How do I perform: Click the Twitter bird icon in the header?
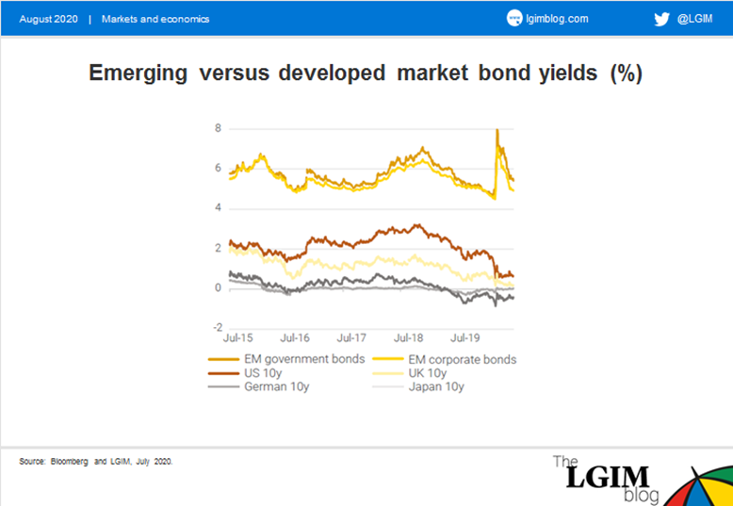(x=661, y=19)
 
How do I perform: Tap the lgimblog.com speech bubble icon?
(x=513, y=19)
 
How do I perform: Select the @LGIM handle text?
(x=694, y=19)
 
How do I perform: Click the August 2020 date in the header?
(x=48, y=19)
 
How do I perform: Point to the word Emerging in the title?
(x=138, y=73)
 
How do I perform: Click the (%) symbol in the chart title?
(x=627, y=73)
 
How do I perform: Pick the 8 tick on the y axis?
(x=218, y=128)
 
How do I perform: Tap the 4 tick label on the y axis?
(x=218, y=208)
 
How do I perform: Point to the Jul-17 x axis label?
(x=352, y=337)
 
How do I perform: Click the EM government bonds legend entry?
(x=286, y=360)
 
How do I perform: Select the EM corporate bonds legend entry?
(x=445, y=360)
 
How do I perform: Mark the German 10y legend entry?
(x=258, y=387)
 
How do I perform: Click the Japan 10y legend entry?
(x=418, y=387)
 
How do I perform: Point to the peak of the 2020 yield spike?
(x=497, y=129)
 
